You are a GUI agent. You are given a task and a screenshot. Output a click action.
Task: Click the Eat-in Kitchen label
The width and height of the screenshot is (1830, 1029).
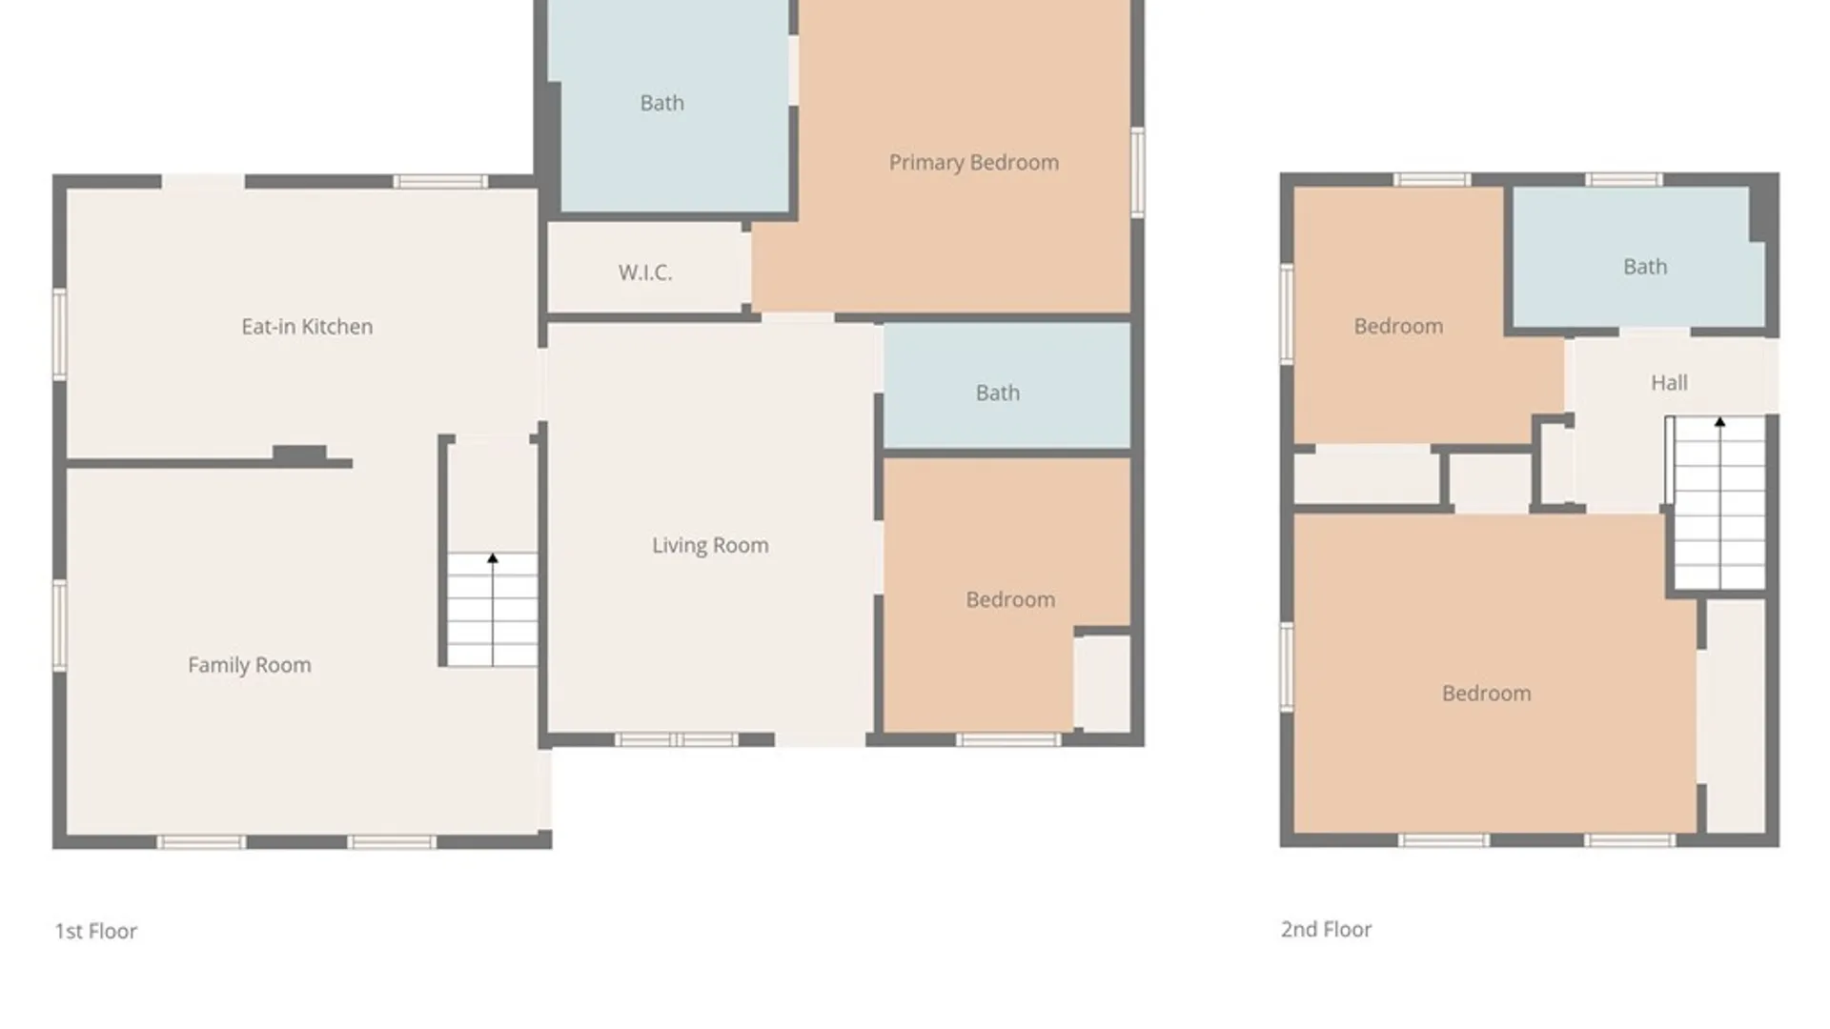[x=307, y=327]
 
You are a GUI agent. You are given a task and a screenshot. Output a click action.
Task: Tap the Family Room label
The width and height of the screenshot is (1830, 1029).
[x=250, y=665]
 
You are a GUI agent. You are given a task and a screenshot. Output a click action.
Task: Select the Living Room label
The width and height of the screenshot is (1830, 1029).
[x=710, y=545]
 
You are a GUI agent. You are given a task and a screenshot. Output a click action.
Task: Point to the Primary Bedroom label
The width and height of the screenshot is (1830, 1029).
[x=974, y=163]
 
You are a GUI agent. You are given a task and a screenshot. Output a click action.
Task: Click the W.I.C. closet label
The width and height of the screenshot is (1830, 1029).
[x=645, y=272]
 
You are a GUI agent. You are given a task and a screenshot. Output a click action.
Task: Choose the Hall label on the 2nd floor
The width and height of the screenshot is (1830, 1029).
[x=1669, y=383]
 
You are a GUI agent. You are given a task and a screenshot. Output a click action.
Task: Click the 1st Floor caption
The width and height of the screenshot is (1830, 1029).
[x=96, y=931]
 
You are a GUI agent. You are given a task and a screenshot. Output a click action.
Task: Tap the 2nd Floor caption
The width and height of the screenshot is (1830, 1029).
[x=1326, y=929]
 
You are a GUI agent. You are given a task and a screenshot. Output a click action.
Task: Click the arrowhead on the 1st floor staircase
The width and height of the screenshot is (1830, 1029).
[x=493, y=558]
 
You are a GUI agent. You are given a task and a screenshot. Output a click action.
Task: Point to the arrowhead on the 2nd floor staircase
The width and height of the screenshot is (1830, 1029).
[x=1720, y=422]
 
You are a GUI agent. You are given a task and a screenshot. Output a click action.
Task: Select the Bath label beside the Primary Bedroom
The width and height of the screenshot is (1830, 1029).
[x=662, y=103]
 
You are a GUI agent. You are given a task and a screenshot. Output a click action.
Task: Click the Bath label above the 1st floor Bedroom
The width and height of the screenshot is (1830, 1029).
[x=998, y=393]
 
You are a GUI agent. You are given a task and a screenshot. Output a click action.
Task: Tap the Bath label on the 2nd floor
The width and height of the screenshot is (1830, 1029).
[x=1645, y=267]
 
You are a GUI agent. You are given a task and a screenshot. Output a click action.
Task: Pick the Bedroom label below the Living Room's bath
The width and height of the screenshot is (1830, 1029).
[x=1010, y=599]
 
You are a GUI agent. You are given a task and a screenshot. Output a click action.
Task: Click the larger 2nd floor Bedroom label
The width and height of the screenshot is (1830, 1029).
[x=1487, y=693]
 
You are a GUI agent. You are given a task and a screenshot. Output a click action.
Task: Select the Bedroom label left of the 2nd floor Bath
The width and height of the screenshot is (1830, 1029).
[x=1398, y=326]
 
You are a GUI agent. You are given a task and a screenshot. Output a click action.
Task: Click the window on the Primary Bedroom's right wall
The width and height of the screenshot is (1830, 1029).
[x=1137, y=171]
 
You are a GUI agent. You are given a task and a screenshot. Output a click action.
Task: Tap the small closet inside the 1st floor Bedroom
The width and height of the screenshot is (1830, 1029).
[x=1103, y=683]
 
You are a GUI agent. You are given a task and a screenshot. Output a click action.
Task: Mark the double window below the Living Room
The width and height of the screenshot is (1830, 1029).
[x=676, y=739]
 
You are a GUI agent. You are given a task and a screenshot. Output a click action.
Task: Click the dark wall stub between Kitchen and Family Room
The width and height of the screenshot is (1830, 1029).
[x=300, y=454]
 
